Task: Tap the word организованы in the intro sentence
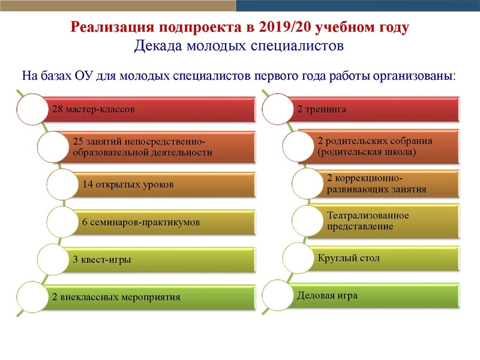click(418, 77)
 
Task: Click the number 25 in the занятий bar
click(77, 142)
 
